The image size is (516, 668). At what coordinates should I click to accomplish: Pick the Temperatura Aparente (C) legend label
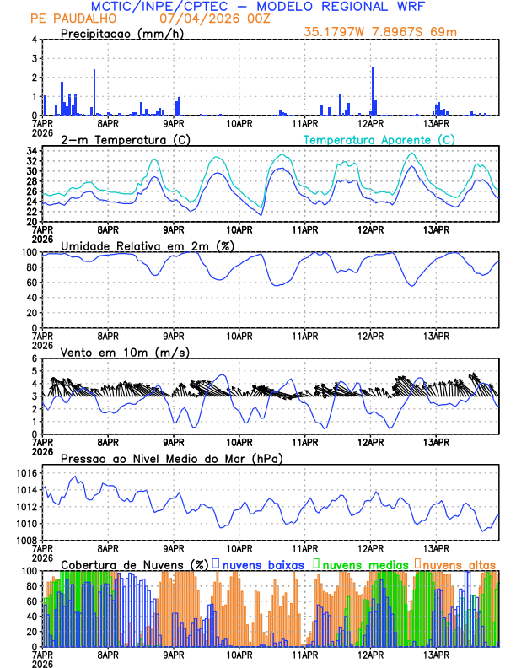379,139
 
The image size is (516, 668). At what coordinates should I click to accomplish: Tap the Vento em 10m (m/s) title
114,352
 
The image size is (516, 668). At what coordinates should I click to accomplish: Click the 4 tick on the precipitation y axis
34,40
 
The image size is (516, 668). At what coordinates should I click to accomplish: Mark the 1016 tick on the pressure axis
25,474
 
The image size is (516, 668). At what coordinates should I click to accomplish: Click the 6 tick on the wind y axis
34,358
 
